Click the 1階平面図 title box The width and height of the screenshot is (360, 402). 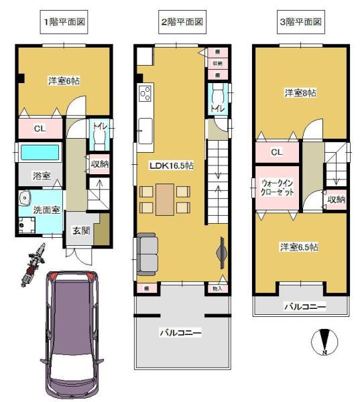[x=65, y=21]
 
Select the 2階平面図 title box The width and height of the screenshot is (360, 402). [x=182, y=21]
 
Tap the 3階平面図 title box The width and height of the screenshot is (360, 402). [x=300, y=21]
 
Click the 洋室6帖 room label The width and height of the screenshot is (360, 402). [x=65, y=81]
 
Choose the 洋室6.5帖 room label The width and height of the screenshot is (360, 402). [x=298, y=247]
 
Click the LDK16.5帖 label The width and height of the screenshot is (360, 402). [x=171, y=165]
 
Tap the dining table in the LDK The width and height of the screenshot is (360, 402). [x=166, y=198]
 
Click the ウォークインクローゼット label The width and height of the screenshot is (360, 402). [x=277, y=187]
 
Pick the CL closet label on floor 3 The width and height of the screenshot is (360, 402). [x=276, y=152]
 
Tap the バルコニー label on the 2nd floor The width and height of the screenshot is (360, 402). [x=180, y=332]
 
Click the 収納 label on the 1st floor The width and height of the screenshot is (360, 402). [x=99, y=163]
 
